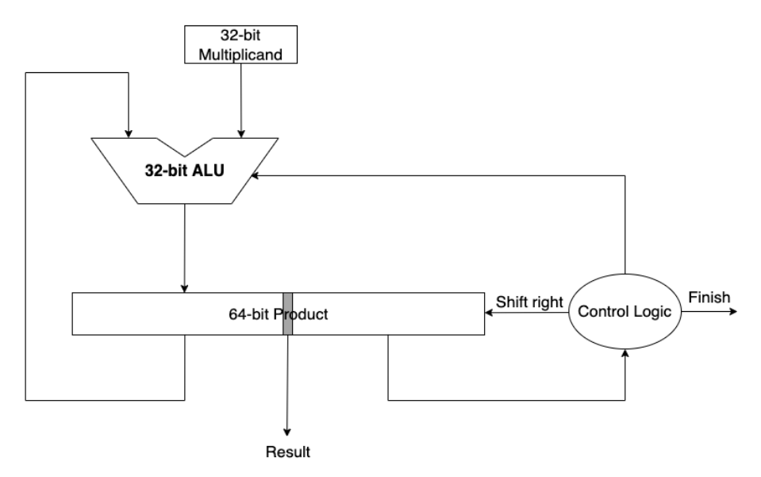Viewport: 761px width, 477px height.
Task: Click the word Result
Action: point(287,453)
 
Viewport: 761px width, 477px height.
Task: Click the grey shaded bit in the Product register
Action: point(288,314)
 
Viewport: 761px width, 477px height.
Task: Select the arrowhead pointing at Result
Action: point(287,432)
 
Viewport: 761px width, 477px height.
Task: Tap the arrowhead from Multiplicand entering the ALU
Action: point(242,133)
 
